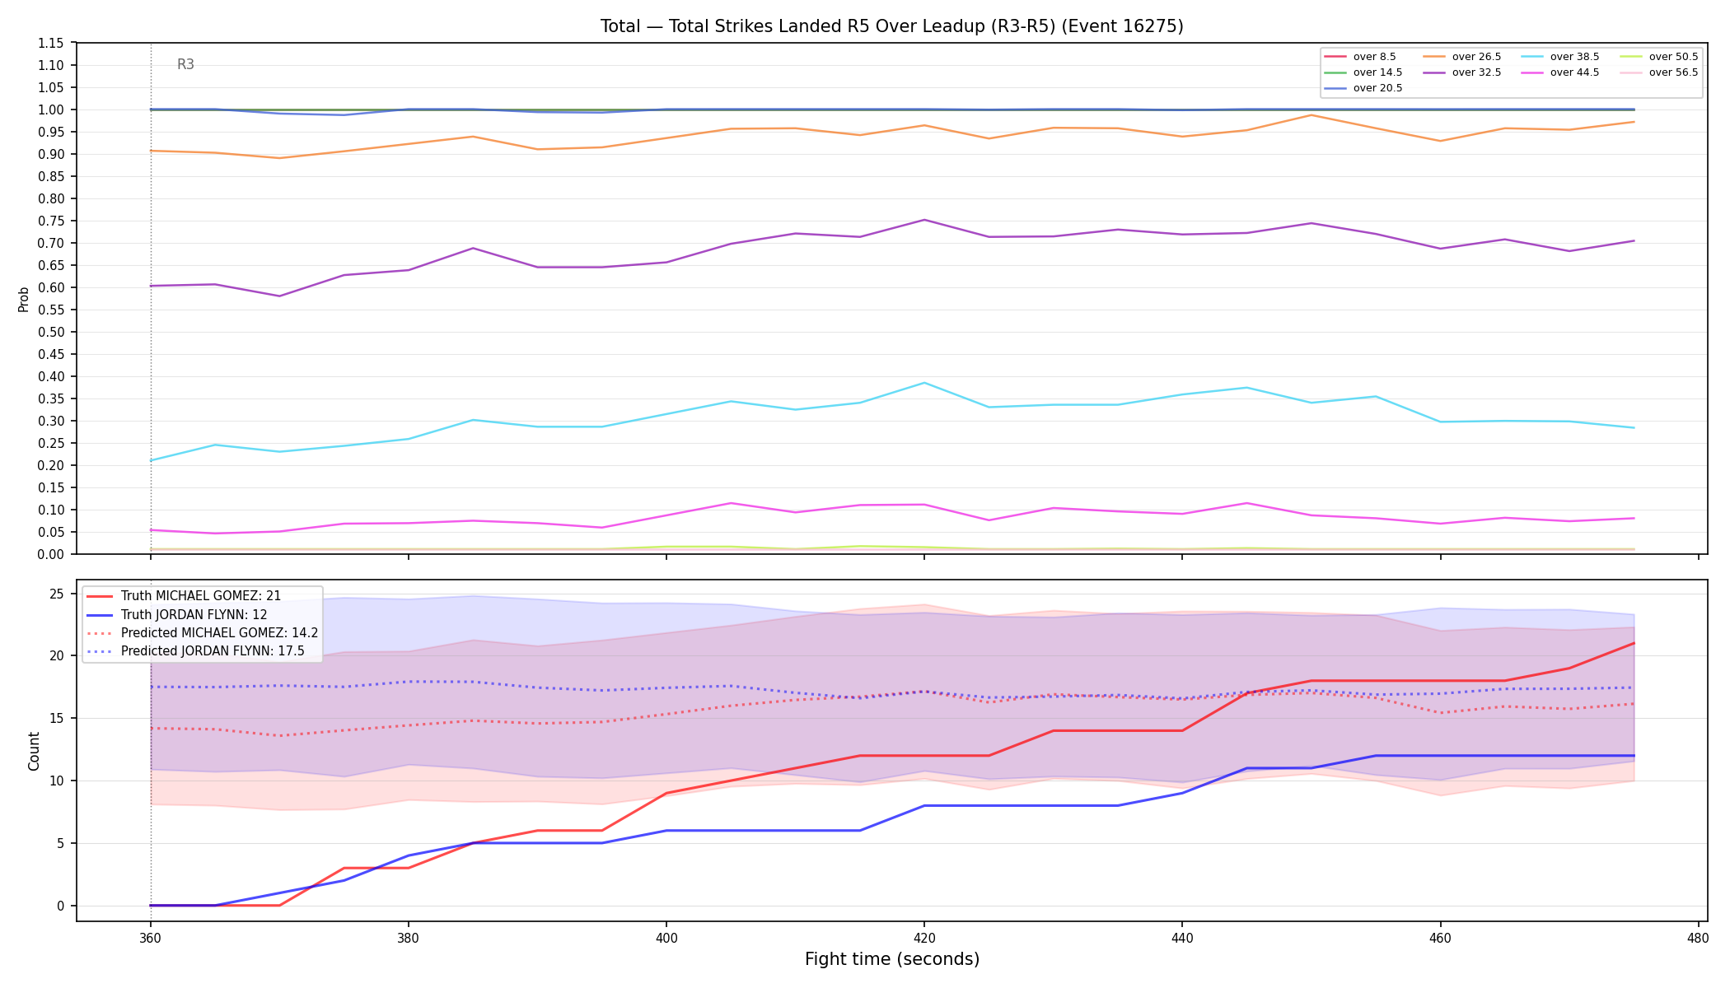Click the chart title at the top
tap(891, 26)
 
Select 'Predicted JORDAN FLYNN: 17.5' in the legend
tap(195, 651)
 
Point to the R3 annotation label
tap(185, 64)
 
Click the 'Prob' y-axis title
tap(24, 299)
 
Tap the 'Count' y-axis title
tap(34, 751)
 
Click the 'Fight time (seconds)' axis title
tap(892, 959)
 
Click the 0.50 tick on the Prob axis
tap(51, 333)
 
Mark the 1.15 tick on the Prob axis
tap(51, 44)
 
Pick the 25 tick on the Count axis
tap(57, 594)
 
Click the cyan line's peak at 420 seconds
tap(924, 383)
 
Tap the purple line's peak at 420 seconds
tap(924, 220)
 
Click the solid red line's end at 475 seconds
tap(1634, 643)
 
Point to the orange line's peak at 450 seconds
tap(1311, 115)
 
